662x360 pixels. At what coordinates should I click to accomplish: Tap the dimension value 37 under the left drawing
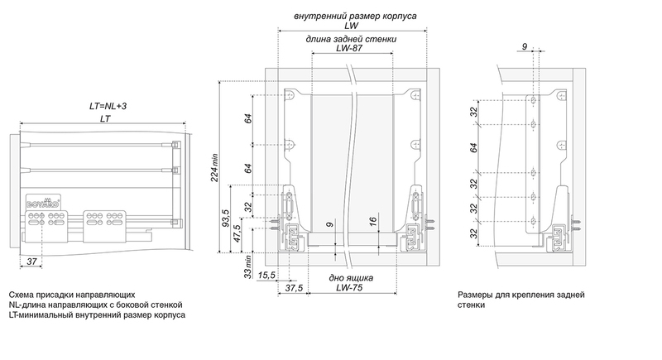click(x=31, y=262)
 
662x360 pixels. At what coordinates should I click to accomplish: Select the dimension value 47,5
click(x=237, y=234)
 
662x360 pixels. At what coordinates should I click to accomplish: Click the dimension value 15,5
click(x=266, y=274)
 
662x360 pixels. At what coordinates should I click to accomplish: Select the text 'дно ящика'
click(x=353, y=279)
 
